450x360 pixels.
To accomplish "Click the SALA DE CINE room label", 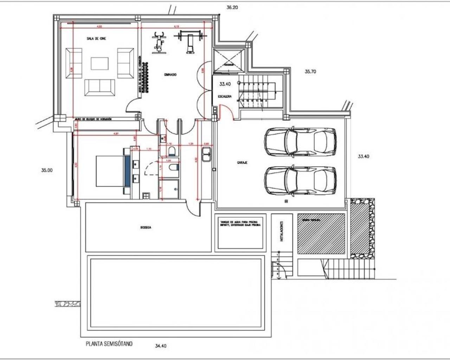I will coord(96,38).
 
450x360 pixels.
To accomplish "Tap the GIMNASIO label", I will coord(170,75).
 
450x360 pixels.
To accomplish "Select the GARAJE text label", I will coord(242,163).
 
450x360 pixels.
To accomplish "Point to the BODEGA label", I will coord(146,228).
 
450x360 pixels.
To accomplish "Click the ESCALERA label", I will coord(225,96).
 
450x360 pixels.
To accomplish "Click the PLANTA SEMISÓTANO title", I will coord(109,344).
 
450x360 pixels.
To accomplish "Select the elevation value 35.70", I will coord(310,71).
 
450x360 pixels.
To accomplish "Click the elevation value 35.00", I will coord(47,170).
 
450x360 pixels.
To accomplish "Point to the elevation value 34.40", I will coord(160,346).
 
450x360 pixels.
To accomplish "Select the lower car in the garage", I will coord(300,180).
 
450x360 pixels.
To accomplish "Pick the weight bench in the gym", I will coord(190,41).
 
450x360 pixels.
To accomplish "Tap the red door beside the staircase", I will coord(225,112).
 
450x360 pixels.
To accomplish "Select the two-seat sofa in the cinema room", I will coord(99,87).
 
